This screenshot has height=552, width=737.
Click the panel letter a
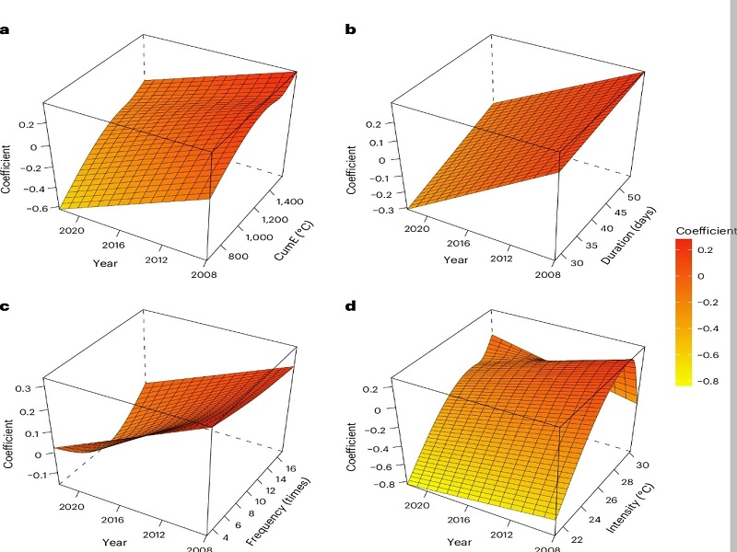5,30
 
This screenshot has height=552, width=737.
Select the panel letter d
351,306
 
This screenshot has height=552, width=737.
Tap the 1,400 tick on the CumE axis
289,201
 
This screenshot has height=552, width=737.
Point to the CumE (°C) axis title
294,240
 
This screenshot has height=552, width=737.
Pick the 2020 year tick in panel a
72,231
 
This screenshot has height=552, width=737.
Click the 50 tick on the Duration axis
634,197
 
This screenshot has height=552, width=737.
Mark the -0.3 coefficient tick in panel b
383,210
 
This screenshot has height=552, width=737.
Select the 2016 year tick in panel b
458,243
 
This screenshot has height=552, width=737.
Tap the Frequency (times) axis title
278,512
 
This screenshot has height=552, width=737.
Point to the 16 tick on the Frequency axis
290,468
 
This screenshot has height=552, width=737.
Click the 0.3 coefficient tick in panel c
23,388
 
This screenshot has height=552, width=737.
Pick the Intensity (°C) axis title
630,509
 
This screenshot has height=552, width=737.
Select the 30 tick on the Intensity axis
642,465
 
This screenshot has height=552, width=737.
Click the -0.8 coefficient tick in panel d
383,484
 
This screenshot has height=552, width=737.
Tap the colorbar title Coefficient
706,231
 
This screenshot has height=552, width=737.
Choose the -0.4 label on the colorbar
708,328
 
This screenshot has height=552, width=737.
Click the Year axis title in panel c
114,542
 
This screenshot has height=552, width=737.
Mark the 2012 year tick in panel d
501,535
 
